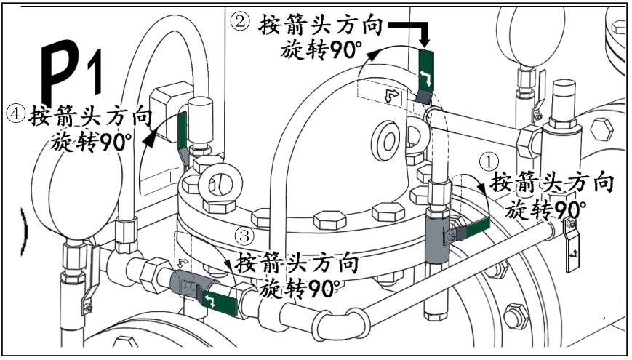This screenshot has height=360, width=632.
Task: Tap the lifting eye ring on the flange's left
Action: click(x=216, y=181)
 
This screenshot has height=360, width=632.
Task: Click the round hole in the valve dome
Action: click(x=384, y=137)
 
